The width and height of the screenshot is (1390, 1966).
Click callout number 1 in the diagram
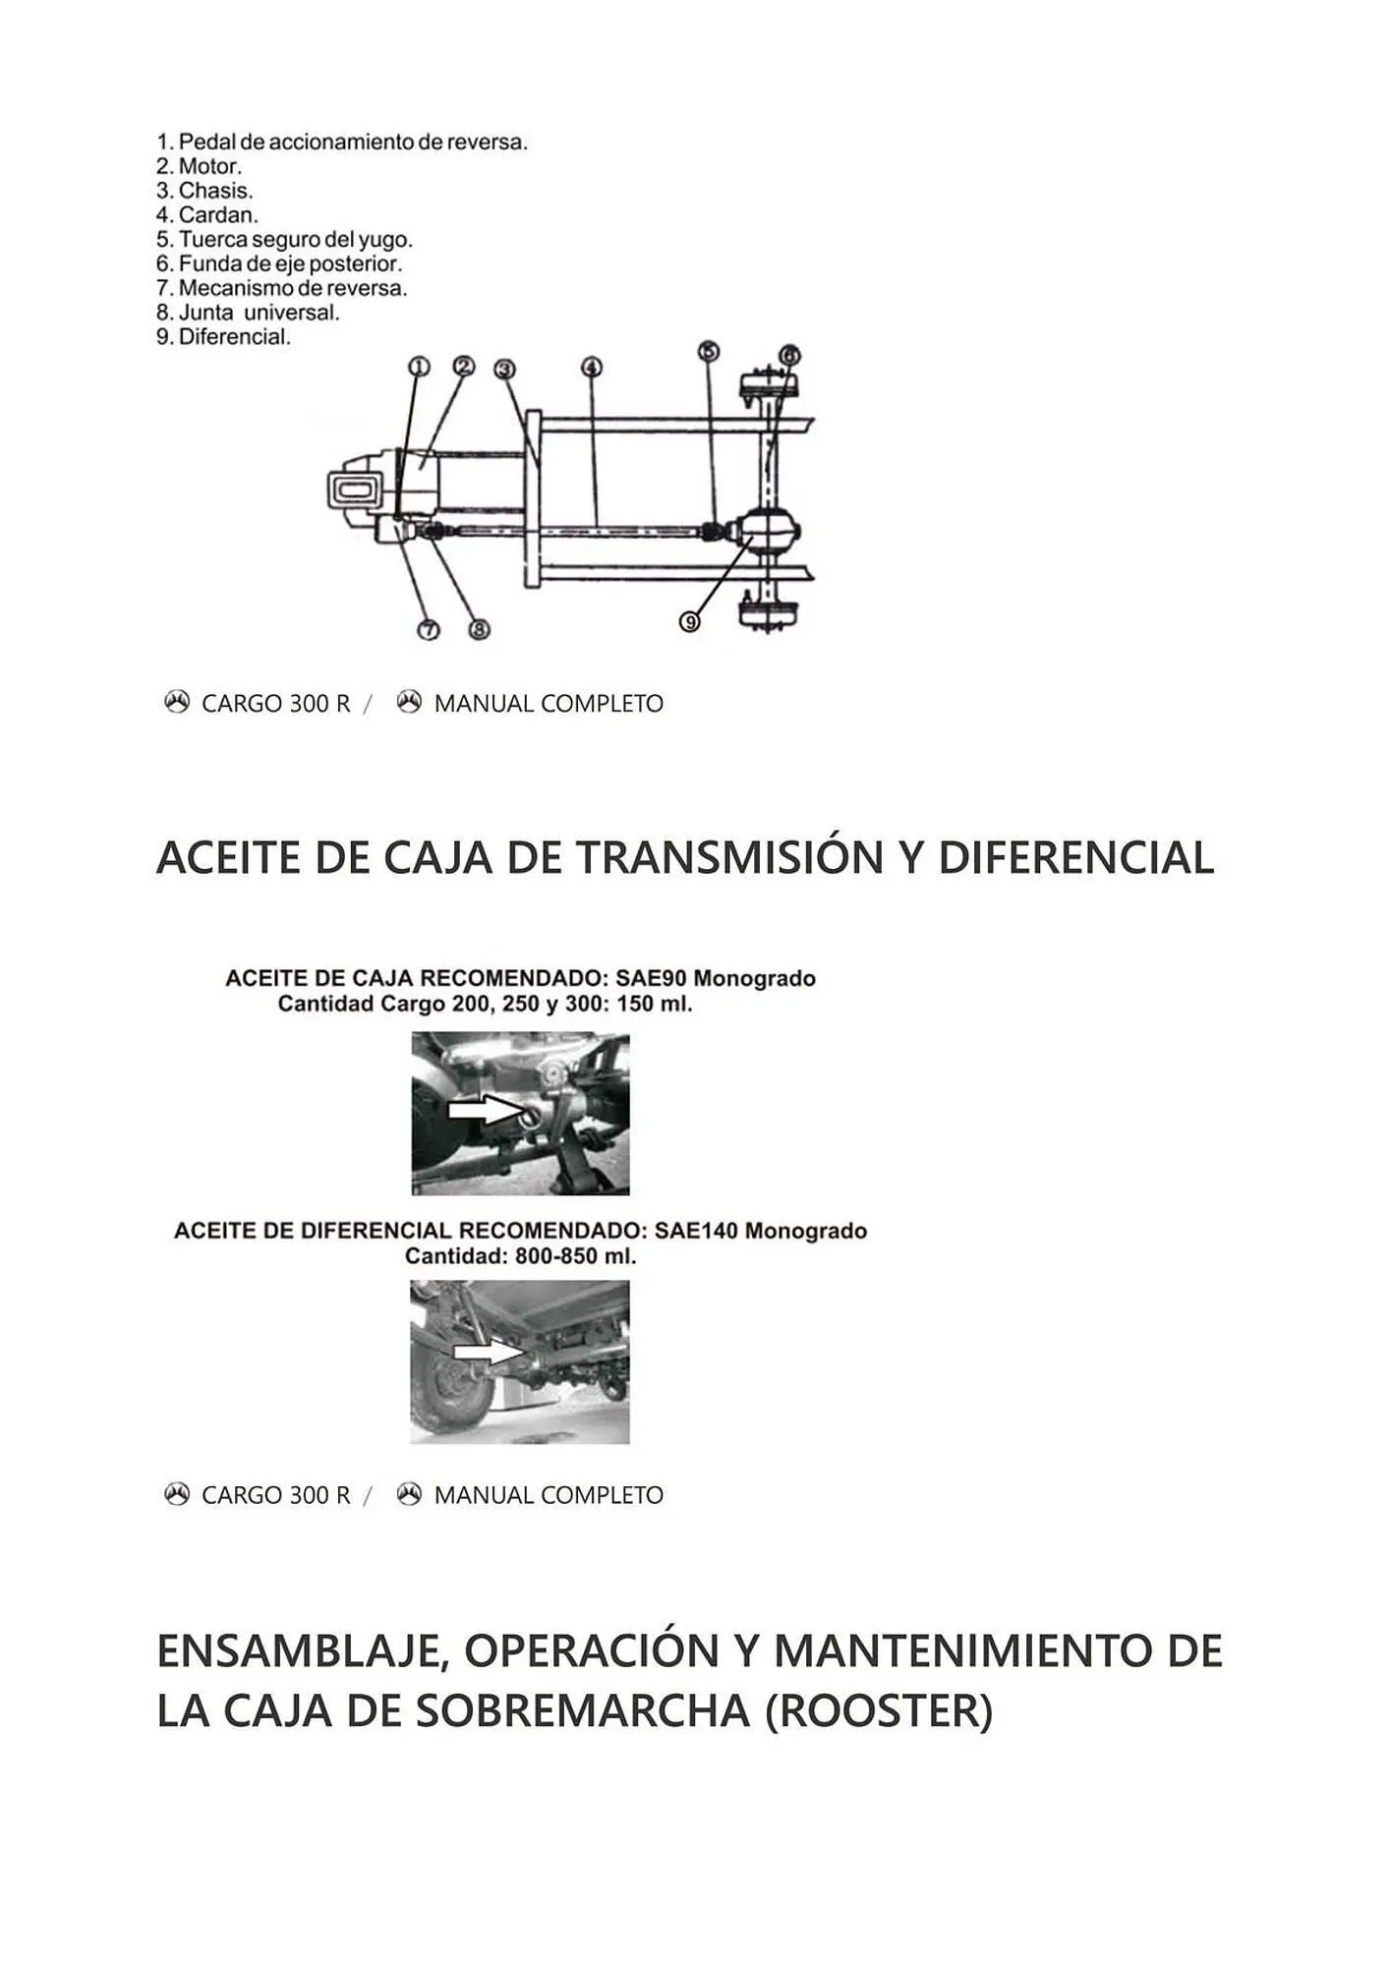tap(419, 367)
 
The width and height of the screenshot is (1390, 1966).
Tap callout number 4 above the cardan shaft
tap(591, 368)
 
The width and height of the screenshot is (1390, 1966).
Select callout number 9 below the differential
tap(690, 621)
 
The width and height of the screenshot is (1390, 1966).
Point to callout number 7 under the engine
tap(429, 630)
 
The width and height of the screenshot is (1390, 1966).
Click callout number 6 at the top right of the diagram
tap(789, 355)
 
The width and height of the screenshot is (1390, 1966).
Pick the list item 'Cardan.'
tap(207, 215)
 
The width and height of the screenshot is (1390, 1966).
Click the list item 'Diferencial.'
tap(224, 337)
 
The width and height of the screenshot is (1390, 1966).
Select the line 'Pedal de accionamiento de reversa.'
tap(342, 143)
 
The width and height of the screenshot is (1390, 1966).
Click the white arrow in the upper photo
tap(483, 1110)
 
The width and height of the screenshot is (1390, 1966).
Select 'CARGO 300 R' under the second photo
tap(275, 1495)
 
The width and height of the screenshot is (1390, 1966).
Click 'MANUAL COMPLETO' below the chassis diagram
tap(549, 704)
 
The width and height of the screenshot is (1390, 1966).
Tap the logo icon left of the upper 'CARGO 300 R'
tap(177, 703)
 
